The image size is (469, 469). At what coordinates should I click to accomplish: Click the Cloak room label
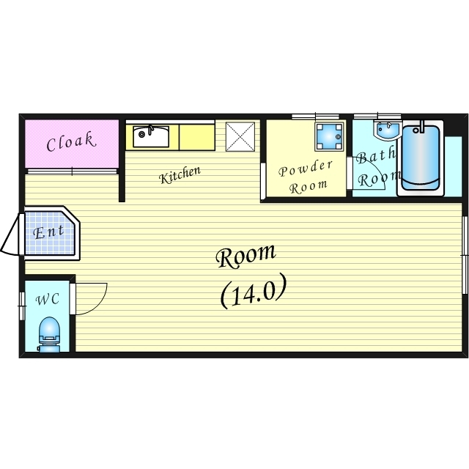[x=71, y=142]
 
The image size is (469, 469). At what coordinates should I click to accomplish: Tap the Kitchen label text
[x=180, y=175]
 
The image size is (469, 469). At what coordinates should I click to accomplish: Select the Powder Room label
[x=306, y=177]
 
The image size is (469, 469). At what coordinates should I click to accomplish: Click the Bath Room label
[x=377, y=167]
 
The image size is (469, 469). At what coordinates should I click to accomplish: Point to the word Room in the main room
[x=246, y=256]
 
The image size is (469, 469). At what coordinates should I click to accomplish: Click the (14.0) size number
[x=252, y=292]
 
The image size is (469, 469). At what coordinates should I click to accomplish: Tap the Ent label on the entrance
[x=50, y=232]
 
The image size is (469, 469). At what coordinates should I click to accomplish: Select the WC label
[x=48, y=300]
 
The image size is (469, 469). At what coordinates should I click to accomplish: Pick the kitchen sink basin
[x=151, y=136]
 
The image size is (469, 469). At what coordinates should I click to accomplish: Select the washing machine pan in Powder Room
[x=328, y=136]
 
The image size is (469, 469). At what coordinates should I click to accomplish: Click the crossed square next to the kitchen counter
[x=240, y=136]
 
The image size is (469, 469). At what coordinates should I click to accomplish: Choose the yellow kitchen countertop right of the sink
[x=196, y=136]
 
